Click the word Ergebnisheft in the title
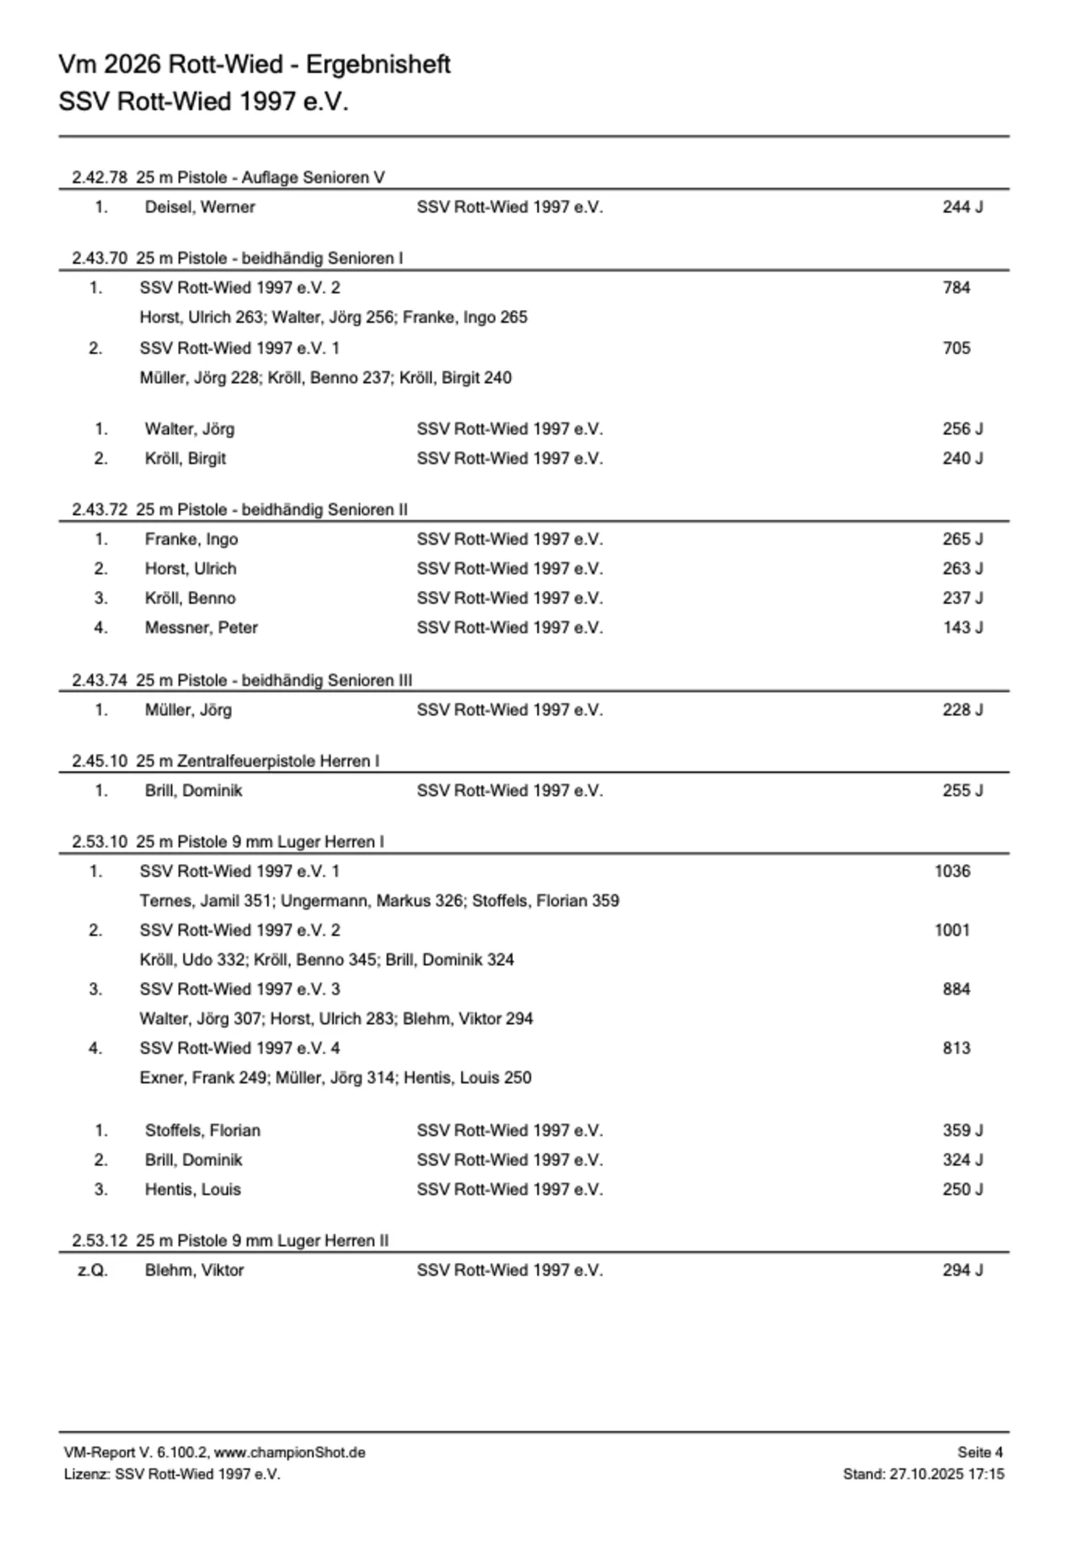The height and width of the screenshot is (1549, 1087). tap(378, 65)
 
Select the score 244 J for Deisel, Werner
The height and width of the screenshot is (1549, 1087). tap(962, 207)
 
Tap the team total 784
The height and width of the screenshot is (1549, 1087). tap(956, 287)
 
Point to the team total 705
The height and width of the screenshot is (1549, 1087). tap(956, 348)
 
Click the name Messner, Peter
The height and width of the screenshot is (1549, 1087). tap(201, 628)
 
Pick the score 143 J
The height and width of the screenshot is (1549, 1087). tap(962, 628)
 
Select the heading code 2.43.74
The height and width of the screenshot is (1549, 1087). tap(99, 681)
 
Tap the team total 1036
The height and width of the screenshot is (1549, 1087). tap(952, 871)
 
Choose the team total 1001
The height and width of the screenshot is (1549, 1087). tap(952, 931)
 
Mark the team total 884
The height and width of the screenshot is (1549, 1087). tap(956, 989)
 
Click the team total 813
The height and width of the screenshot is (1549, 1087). tap(956, 1049)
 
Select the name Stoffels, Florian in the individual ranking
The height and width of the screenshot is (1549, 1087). tap(202, 1130)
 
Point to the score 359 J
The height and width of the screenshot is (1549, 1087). tap(962, 1130)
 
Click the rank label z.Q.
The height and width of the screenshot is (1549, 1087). tap(93, 1270)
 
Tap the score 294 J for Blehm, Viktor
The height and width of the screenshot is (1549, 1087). tap(962, 1270)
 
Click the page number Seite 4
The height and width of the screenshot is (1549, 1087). tap(980, 1452)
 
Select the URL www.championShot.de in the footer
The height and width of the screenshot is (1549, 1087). tap(289, 1453)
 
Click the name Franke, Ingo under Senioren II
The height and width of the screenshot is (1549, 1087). tap(191, 540)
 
